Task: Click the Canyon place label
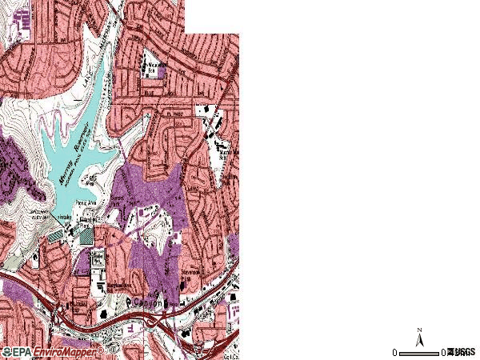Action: pos(148,302)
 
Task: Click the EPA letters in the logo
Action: pos(18,351)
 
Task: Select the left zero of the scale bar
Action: pos(394,352)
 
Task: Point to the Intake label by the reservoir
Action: pos(64,217)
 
